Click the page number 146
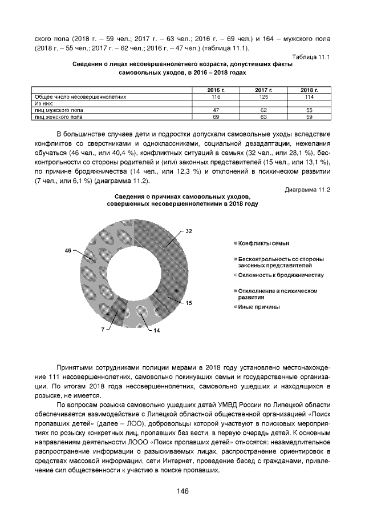click(182, 491)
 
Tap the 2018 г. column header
click(309, 91)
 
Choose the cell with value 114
click(309, 97)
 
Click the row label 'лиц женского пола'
click(59, 116)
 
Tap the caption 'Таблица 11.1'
click(311, 57)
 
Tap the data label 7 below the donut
click(104, 330)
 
